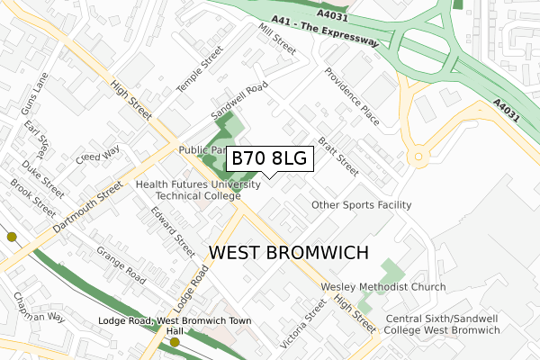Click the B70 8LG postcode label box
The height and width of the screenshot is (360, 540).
[x=269, y=158]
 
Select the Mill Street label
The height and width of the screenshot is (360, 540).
[x=276, y=39]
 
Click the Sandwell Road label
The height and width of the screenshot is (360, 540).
[x=239, y=102]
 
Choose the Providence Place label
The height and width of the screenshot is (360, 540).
[x=354, y=96]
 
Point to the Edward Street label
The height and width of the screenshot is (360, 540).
[x=173, y=232]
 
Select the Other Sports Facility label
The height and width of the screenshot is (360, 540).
[x=361, y=205]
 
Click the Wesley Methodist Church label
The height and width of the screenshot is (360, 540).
[x=383, y=288]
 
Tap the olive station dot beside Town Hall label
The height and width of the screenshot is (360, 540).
[x=175, y=342]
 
